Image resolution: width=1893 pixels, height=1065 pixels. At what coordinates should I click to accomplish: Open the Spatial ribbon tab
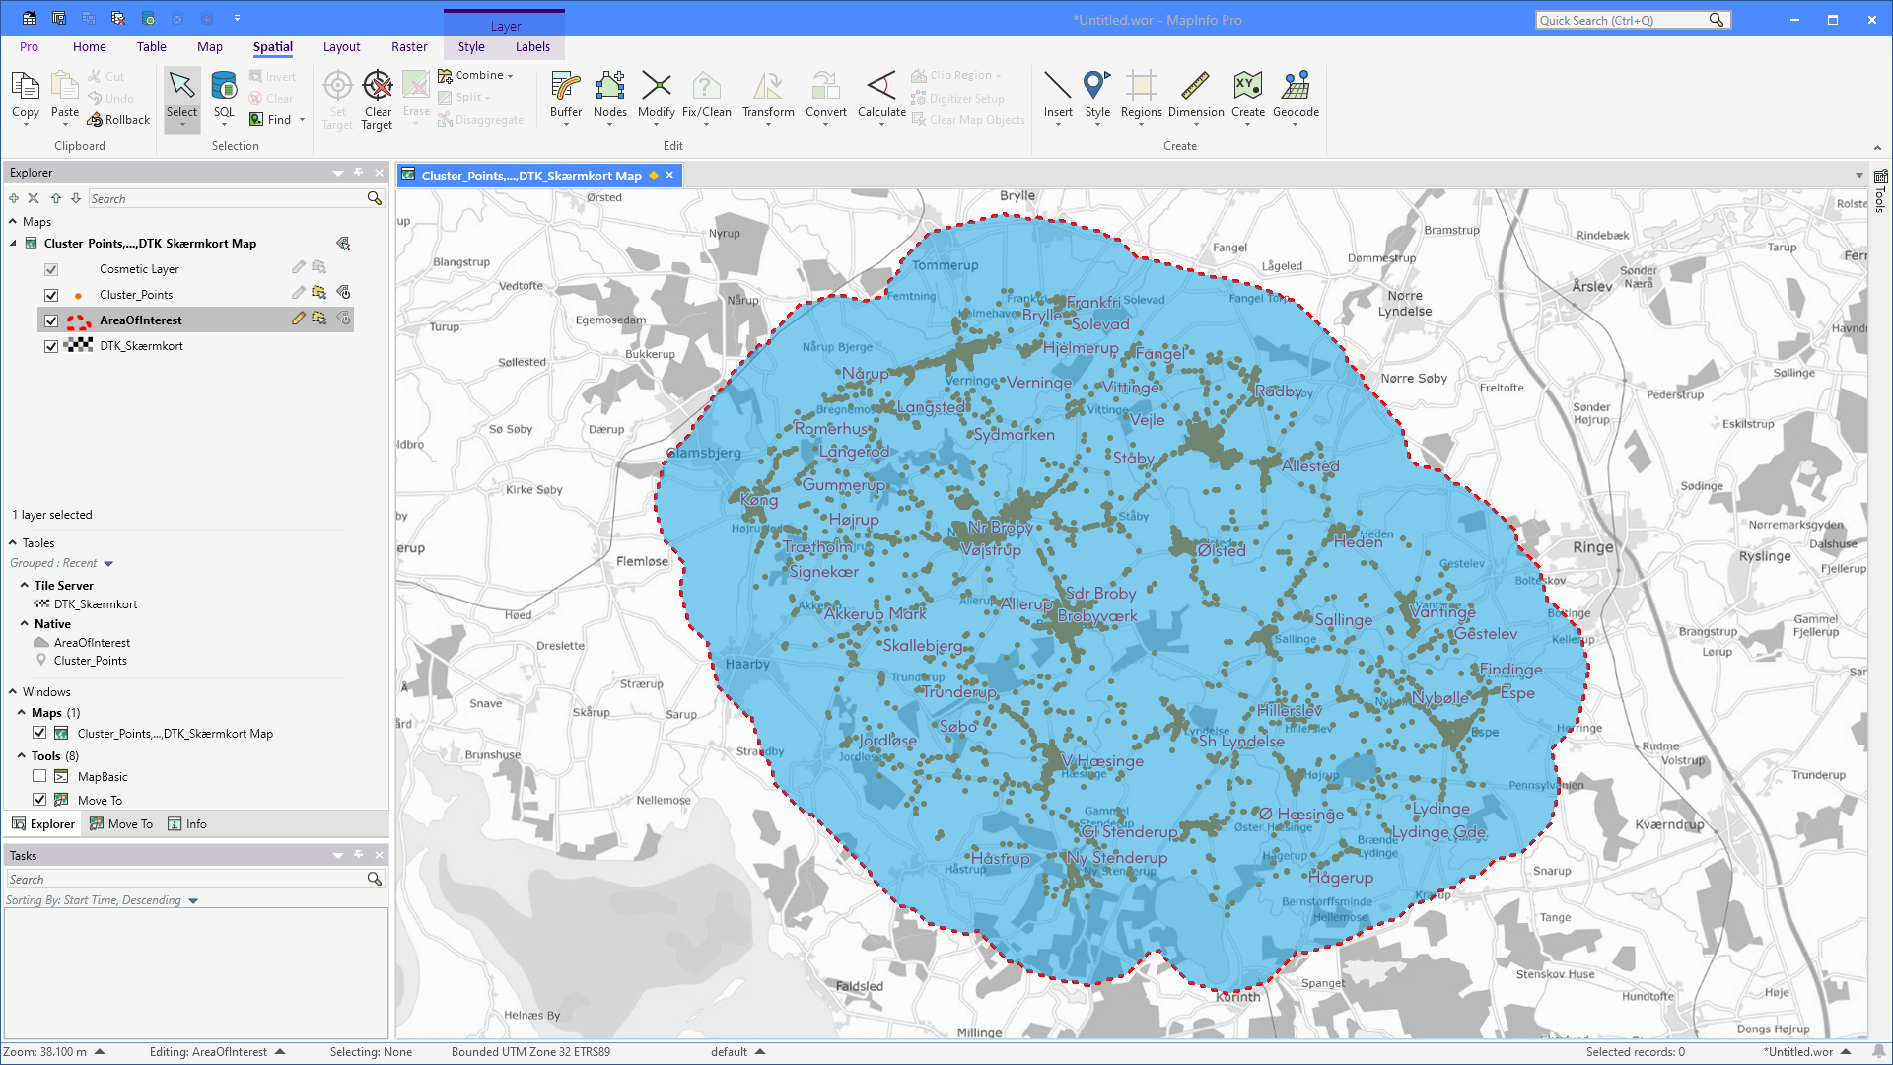272,47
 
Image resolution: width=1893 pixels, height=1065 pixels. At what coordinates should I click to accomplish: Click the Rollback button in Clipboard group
118,120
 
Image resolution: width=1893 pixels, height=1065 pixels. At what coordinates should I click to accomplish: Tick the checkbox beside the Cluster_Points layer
51,295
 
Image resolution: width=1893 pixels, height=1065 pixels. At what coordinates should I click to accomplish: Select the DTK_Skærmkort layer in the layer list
141,346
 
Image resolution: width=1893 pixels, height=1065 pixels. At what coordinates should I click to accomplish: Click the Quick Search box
1622,20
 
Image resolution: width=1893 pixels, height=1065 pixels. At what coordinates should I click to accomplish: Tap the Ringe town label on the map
1593,547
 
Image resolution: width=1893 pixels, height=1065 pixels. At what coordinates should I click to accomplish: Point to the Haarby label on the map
747,664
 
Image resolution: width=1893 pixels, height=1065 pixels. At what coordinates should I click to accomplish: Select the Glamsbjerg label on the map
704,453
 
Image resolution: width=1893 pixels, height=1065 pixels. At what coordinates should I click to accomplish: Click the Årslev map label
1592,287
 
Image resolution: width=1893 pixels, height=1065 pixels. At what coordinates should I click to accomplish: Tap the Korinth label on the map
1237,997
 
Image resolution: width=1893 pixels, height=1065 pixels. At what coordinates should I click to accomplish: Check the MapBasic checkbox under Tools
39,777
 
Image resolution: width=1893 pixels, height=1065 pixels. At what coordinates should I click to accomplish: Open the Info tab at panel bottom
187,824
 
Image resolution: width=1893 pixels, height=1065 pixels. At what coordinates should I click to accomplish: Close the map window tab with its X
669,176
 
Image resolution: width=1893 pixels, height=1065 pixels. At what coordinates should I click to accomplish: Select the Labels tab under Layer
532,47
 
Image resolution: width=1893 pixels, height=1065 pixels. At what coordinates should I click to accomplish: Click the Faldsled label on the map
860,986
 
